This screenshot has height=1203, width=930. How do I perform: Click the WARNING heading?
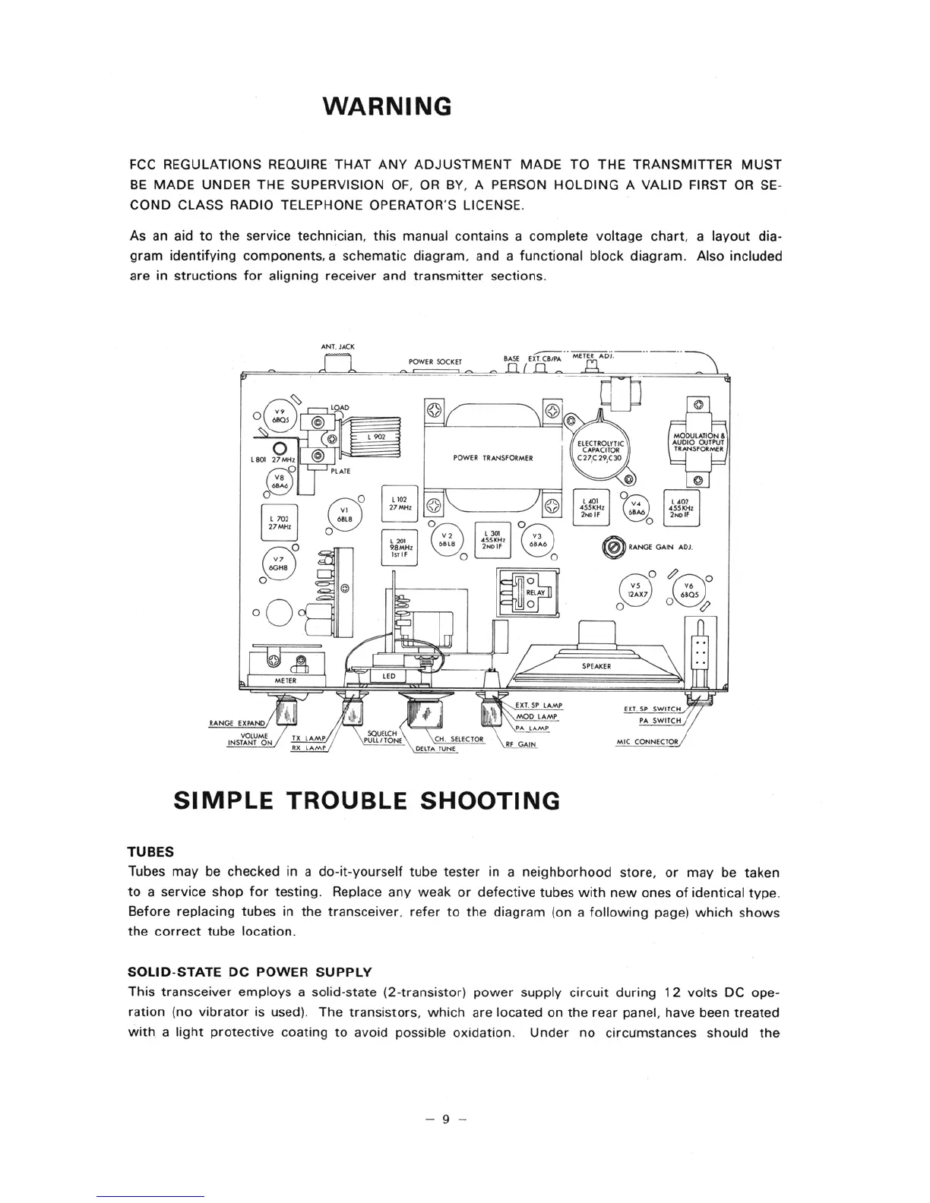(x=387, y=106)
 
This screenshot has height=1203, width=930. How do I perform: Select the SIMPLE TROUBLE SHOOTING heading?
(x=366, y=800)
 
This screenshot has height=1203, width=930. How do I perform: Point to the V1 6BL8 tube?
(x=343, y=514)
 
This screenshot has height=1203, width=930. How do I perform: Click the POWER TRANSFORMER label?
(x=492, y=458)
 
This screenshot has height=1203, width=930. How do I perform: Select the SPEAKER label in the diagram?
(x=596, y=666)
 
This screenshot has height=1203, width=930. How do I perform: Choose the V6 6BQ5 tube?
(x=688, y=590)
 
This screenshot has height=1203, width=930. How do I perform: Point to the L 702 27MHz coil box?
(x=277, y=523)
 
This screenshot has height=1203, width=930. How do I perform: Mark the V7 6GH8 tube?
(x=277, y=566)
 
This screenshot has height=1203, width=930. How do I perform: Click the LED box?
(x=388, y=676)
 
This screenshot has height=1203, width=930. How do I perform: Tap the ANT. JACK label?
(x=337, y=347)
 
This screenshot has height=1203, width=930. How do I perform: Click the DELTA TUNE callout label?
(x=435, y=749)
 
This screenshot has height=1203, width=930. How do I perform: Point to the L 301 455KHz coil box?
(x=492, y=538)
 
